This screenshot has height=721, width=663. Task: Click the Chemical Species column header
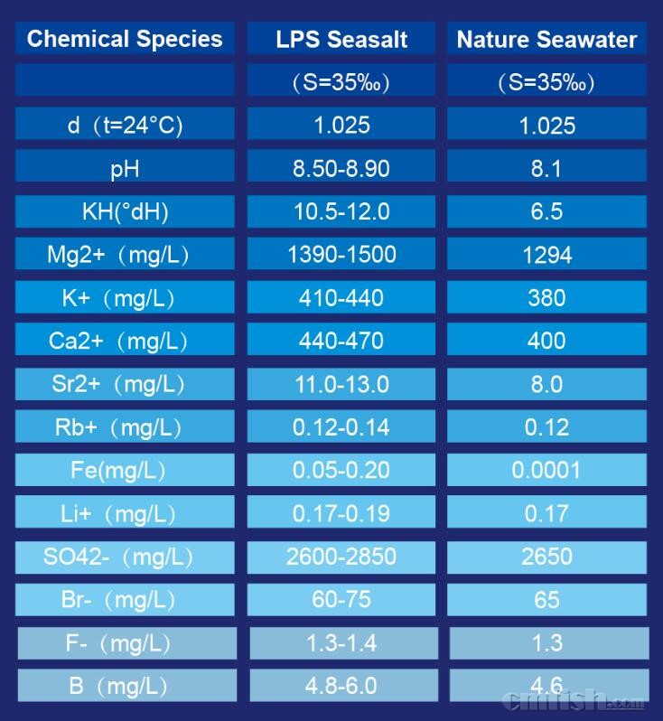[x=125, y=39]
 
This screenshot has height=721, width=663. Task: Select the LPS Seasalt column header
[x=341, y=40]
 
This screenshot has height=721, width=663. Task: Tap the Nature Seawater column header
[x=546, y=40]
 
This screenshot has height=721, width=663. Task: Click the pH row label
[x=125, y=169]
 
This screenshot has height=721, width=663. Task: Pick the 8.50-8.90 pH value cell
[x=341, y=168]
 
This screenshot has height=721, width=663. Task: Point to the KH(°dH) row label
[x=125, y=212]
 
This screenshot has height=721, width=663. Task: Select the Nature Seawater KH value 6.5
[x=546, y=211]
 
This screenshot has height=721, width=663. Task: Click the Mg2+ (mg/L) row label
[x=125, y=256]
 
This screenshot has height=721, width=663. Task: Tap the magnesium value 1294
[x=546, y=256]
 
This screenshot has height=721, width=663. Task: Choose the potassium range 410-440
[x=341, y=298]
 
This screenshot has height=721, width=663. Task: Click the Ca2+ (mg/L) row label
[x=125, y=342]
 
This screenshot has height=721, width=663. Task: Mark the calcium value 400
[x=546, y=342]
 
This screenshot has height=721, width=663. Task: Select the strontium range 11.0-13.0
[x=341, y=385]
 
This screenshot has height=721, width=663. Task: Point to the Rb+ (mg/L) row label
[x=125, y=427]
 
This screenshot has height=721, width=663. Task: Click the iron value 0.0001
[x=546, y=471]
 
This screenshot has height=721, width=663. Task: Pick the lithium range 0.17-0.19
[x=341, y=514]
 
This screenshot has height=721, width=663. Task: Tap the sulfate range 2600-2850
[x=341, y=557]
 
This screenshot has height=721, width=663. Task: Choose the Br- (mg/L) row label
[x=125, y=600]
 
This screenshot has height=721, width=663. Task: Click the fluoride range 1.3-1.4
[x=341, y=643]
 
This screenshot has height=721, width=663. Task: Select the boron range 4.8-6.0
[x=341, y=686]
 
